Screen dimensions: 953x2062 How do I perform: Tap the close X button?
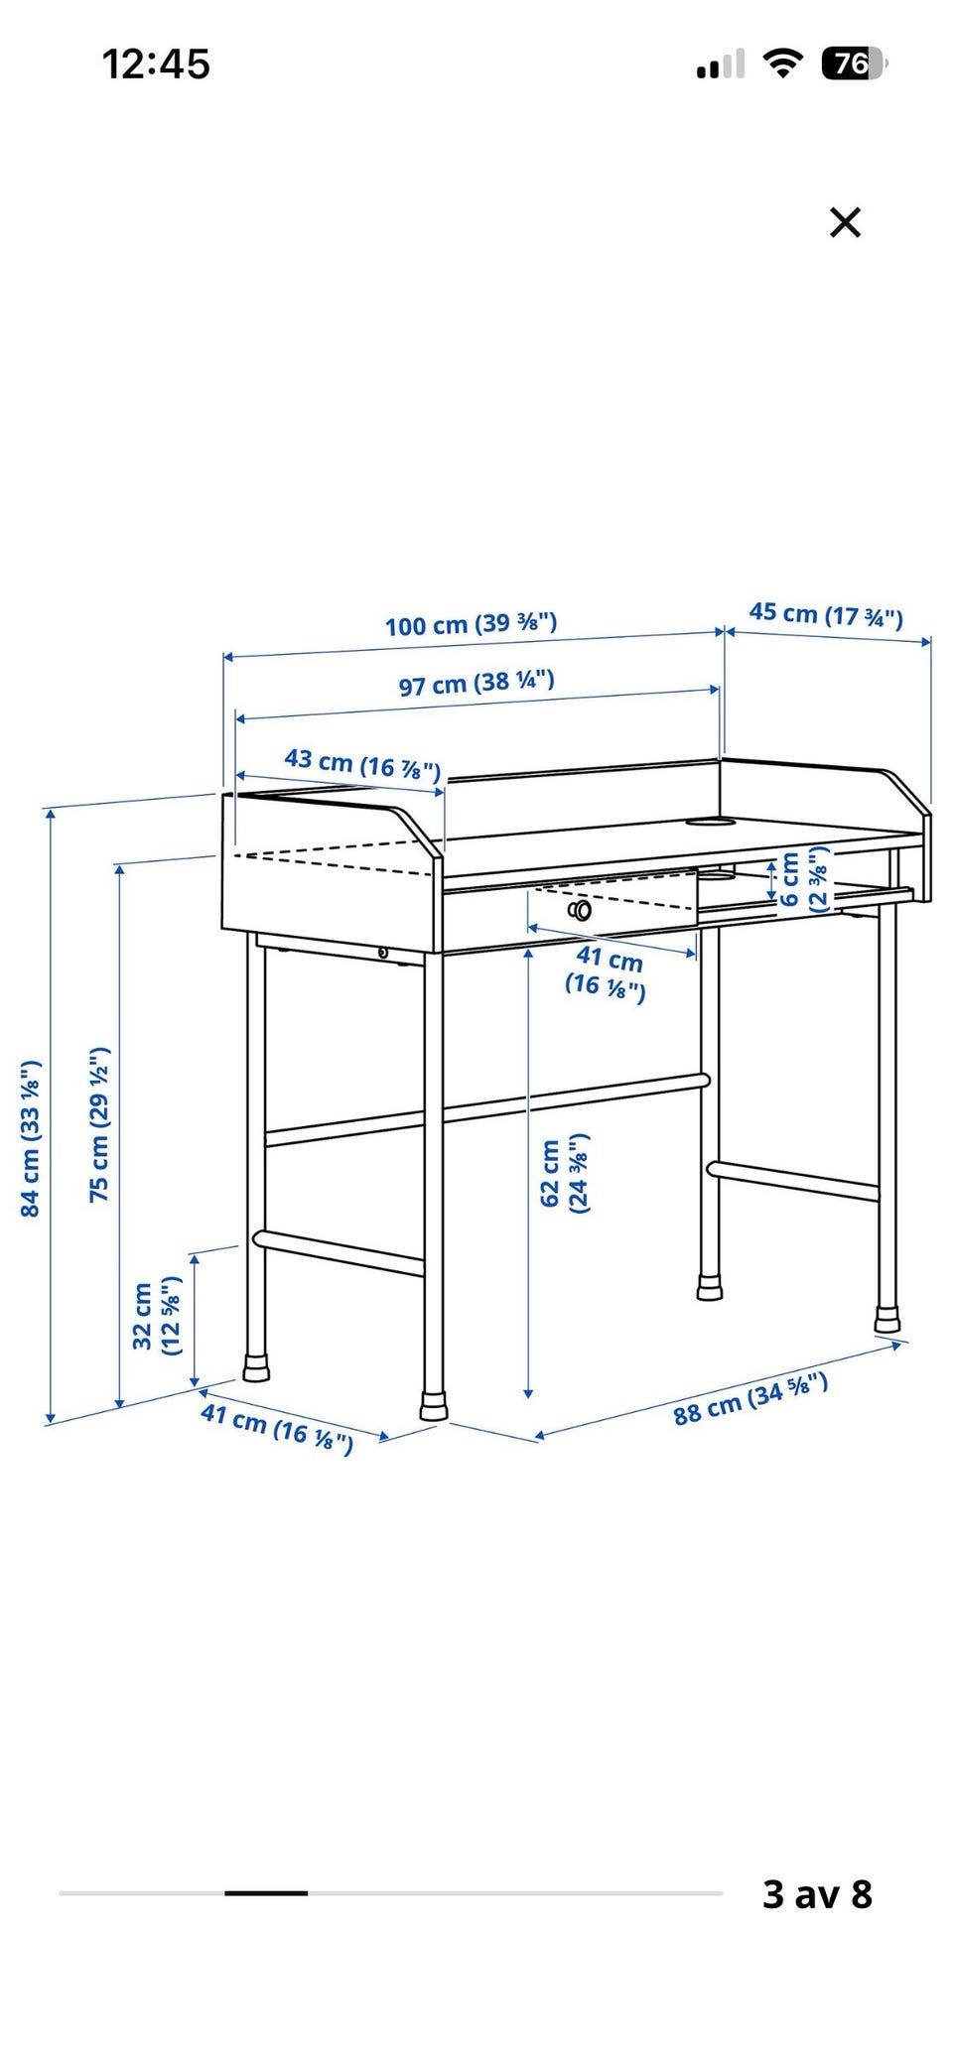click(845, 222)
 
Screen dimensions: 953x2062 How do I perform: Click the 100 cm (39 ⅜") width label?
click(472, 624)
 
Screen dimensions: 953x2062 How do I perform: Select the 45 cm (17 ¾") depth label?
click(826, 615)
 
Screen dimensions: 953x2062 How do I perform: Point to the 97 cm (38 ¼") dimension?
click(476, 683)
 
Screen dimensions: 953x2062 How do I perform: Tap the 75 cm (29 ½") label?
click(99, 1124)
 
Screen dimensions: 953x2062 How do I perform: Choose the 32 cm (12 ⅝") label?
click(157, 1317)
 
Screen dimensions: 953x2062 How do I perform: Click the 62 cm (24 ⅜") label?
click(563, 1173)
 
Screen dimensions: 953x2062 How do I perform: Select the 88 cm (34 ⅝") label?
click(750, 1400)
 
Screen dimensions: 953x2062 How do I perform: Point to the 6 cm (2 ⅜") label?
click(803, 879)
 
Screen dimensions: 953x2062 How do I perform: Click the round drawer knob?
click(581, 910)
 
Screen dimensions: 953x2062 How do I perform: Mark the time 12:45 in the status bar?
click(156, 64)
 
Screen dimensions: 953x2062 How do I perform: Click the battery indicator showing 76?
click(854, 64)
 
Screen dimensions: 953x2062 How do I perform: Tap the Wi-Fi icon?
click(783, 64)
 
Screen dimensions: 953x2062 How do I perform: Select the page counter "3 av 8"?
click(817, 1893)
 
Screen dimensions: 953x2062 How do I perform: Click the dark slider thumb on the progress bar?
click(266, 1893)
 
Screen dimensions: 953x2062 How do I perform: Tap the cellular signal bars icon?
click(721, 65)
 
